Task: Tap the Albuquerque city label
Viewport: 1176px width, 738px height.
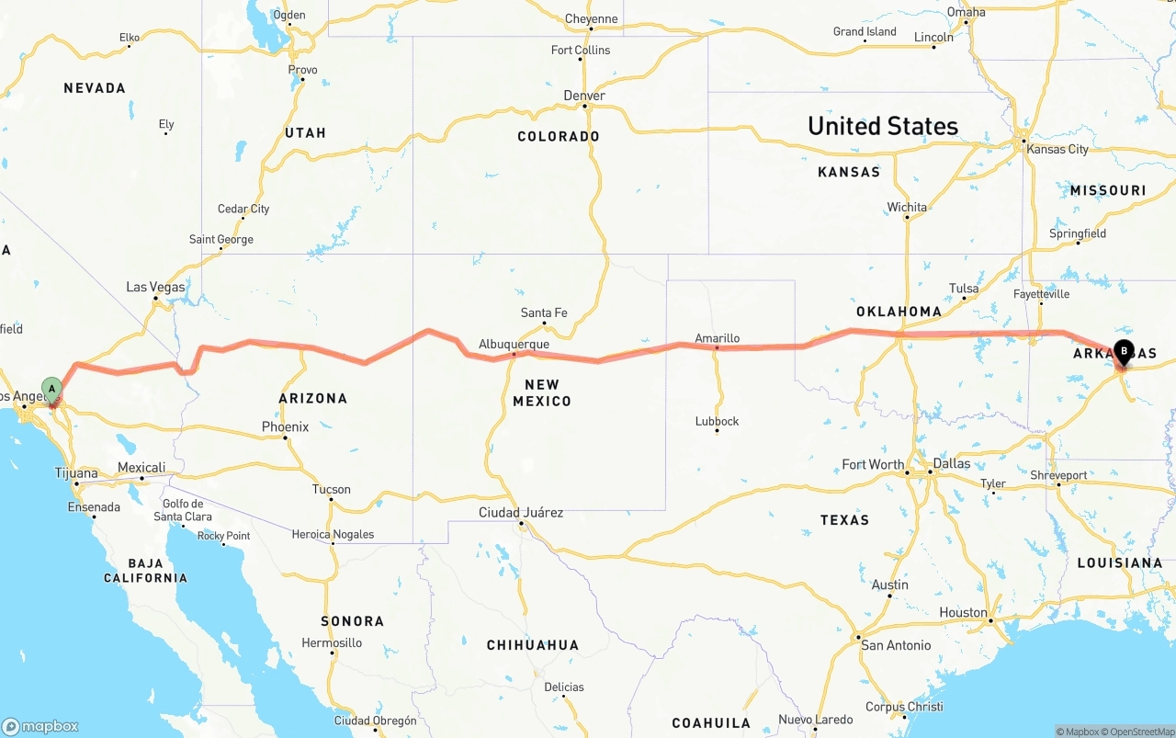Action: click(514, 345)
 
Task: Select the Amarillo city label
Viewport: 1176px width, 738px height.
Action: click(717, 338)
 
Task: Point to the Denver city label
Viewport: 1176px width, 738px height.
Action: click(584, 96)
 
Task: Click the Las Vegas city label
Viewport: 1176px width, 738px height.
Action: click(155, 288)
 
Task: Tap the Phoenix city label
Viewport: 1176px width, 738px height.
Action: click(285, 427)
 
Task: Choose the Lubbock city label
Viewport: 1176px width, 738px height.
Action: click(717, 422)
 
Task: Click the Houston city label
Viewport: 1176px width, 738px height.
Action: click(963, 613)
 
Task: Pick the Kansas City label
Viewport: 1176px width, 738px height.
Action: click(1057, 149)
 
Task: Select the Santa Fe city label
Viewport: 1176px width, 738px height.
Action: click(544, 313)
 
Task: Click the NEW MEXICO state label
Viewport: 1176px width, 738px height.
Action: click(542, 392)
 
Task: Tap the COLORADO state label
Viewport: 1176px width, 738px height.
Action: click(559, 137)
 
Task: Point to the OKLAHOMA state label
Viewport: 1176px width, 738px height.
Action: click(899, 312)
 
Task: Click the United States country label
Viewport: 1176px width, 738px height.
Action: click(882, 126)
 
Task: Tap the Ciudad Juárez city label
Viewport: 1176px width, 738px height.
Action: click(521, 513)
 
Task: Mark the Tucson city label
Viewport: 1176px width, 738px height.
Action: click(331, 490)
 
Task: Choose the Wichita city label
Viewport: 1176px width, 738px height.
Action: click(907, 208)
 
